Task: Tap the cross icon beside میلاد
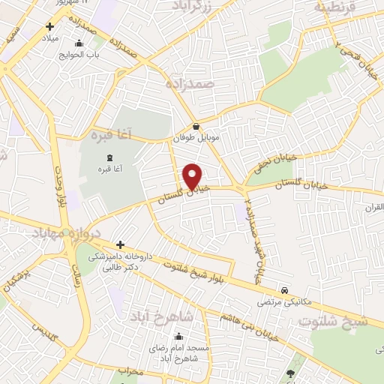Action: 49,26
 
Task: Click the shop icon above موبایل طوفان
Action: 196,127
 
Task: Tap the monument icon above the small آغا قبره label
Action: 110,157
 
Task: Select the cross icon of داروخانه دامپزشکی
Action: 119,244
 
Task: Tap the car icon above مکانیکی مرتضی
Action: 284,289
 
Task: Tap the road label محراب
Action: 130,370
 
